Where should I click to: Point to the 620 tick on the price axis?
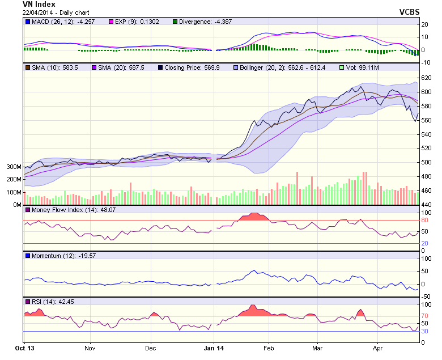[426, 78]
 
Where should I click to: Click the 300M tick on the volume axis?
[14, 167]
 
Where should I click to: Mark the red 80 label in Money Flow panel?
[424, 221]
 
